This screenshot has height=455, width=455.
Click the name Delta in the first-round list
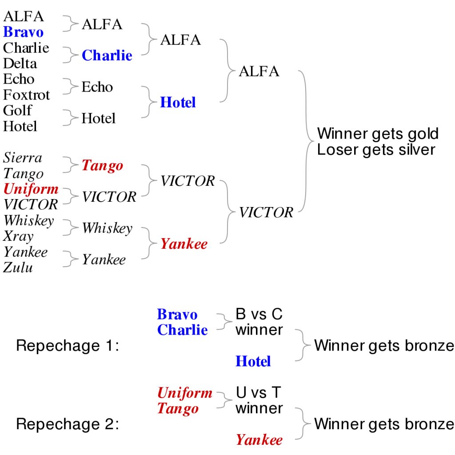(x=20, y=64)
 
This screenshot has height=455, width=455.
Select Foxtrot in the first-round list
(x=27, y=95)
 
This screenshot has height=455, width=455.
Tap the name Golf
(x=18, y=110)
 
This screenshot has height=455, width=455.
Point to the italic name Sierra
(x=23, y=158)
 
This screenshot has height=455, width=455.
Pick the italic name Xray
(x=18, y=236)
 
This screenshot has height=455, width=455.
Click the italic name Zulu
(x=18, y=267)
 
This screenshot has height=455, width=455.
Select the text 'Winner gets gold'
(x=378, y=133)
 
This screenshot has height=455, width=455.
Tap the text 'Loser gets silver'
(x=376, y=149)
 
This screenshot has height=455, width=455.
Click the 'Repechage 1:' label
(x=68, y=346)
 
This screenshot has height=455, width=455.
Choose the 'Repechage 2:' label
(x=68, y=424)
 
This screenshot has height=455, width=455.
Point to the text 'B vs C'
(x=259, y=314)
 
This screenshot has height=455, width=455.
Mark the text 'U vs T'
(x=259, y=393)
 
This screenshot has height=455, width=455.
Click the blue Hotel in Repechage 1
(x=253, y=361)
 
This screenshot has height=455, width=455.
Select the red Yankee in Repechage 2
(x=259, y=440)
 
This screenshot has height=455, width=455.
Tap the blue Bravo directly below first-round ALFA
(x=23, y=32)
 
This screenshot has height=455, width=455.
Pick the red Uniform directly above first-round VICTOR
(x=31, y=189)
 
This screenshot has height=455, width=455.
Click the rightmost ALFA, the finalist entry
(x=259, y=71)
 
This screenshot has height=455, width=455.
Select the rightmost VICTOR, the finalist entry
(x=266, y=212)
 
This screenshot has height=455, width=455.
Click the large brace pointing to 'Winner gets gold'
(x=306, y=141)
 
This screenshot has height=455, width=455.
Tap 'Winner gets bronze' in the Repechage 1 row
(x=384, y=346)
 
